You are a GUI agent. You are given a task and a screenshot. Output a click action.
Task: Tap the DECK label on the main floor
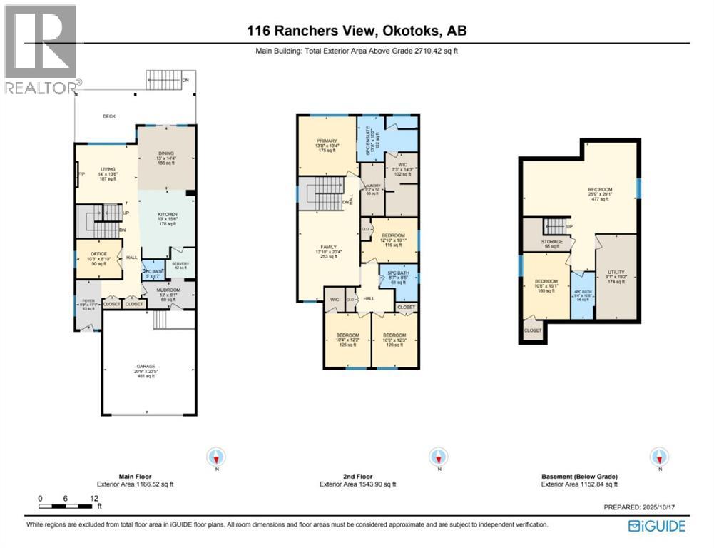pos(108,116)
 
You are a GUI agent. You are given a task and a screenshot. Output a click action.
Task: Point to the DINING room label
pos(165,143)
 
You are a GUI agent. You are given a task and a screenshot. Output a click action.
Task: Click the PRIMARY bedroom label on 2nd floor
pos(327,141)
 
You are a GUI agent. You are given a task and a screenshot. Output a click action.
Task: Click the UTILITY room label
pos(616,272)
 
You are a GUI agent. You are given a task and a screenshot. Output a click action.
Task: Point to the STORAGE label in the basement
pos(551,242)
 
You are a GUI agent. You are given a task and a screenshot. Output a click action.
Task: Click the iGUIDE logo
pos(656,526)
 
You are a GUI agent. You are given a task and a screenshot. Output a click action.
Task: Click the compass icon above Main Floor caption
pos(216,456)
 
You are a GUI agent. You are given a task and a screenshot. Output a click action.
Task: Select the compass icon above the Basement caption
pos(660,456)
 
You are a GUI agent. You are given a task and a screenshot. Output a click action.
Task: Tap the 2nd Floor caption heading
pos(356,476)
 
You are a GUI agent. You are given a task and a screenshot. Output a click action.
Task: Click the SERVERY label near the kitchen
pos(180,264)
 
